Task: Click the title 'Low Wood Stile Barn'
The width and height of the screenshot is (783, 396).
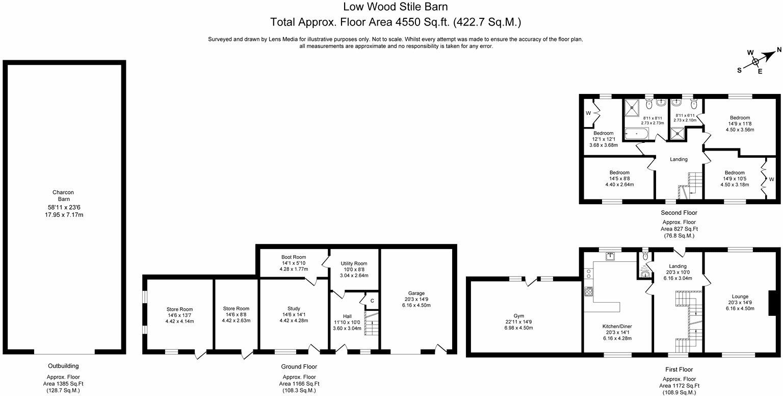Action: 391,7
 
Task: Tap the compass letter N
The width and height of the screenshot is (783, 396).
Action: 778,50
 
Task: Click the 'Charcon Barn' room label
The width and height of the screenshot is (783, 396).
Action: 63,196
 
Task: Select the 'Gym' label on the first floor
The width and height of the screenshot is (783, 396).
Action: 519,316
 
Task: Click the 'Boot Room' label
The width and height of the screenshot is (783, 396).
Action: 293,257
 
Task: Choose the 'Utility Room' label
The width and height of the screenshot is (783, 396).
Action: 354,263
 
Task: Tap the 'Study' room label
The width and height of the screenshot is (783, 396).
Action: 293,308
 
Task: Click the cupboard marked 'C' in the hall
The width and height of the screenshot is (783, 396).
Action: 372,301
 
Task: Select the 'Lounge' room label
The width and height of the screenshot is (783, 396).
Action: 740,296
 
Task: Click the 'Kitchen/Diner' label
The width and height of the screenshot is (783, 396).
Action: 617,326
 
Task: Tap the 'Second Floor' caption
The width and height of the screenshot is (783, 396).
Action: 678,213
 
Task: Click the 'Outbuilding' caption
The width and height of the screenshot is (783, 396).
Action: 63,366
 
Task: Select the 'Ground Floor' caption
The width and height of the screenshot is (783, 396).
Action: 299,366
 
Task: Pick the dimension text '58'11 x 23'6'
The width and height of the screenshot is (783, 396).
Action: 63,208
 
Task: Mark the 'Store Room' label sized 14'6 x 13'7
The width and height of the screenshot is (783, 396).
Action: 179,309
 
